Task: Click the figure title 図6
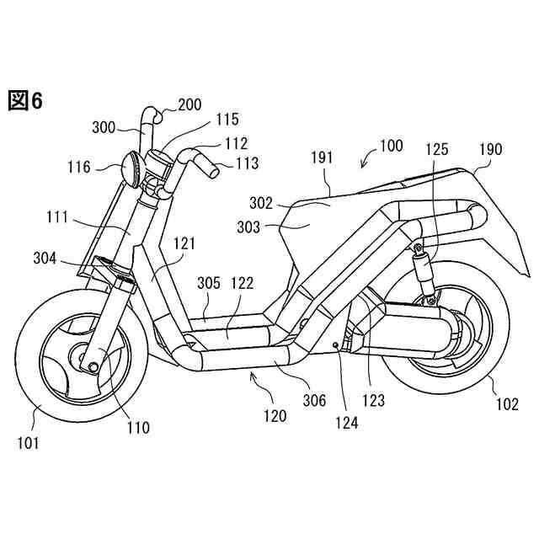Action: tap(24, 102)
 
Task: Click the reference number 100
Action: tap(390, 146)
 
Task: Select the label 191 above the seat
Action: tap(322, 158)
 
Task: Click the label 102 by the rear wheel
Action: tap(507, 403)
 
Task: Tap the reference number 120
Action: tap(274, 415)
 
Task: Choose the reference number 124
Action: tap(345, 423)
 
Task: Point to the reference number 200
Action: tap(189, 105)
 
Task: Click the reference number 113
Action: tap(247, 163)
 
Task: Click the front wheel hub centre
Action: tap(87, 364)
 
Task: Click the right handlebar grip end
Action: tap(214, 173)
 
